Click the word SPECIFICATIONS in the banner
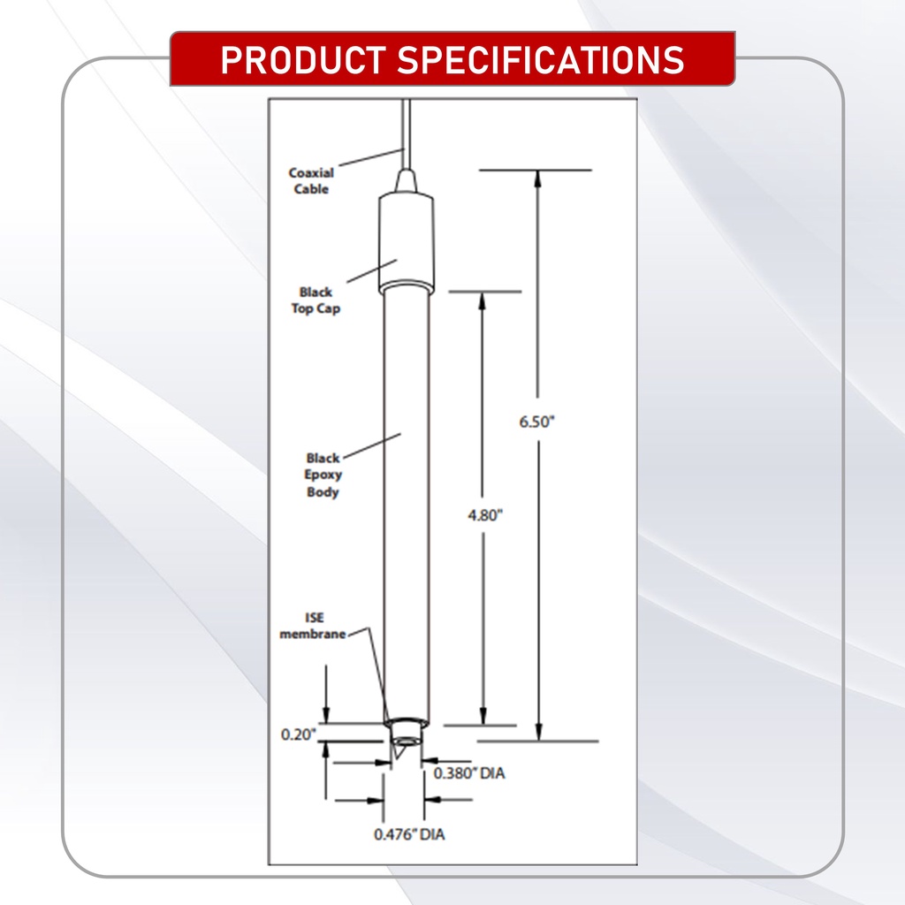pos(541,59)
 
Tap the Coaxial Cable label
pos(311,181)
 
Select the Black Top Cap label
pos(316,300)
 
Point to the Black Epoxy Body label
pos(323,475)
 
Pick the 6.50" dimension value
pos(536,422)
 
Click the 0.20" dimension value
pos(299,734)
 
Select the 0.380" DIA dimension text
pos(468,773)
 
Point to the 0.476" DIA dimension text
pos(409,833)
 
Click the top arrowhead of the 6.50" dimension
pos(537,178)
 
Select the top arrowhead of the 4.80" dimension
pos(483,300)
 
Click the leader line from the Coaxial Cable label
pos(369,158)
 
